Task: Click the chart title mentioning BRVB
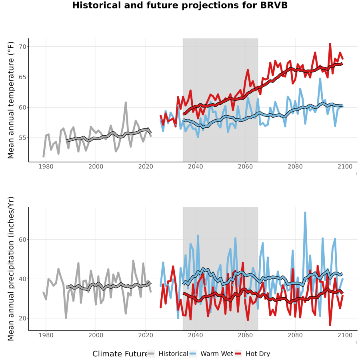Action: [180, 5]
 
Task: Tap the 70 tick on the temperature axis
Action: [23, 47]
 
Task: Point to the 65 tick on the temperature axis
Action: [23, 77]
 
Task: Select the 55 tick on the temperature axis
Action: [23, 138]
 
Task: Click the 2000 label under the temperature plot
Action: [96, 166]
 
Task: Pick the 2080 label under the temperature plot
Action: [295, 166]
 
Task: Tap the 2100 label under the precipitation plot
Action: [345, 335]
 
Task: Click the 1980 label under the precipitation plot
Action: [46, 335]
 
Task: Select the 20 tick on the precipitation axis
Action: [23, 318]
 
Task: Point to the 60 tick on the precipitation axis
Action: [23, 240]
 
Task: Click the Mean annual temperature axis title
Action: [11, 100]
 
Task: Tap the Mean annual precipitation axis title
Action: [11, 269]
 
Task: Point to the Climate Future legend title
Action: [120, 354]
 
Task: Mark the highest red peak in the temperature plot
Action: [330, 44]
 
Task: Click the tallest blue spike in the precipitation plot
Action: [305, 213]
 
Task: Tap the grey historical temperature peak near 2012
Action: [126, 102]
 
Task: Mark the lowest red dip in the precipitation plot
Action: [330, 325]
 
